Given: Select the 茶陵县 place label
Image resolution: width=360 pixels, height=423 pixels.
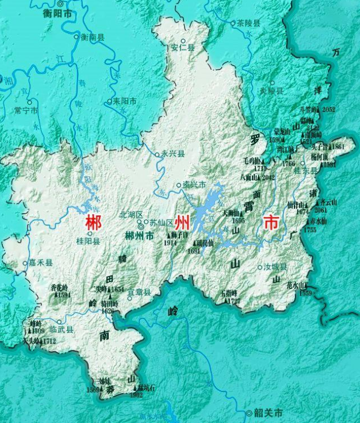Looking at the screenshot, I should (248, 24).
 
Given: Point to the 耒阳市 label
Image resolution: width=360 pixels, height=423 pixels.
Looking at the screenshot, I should (125, 102).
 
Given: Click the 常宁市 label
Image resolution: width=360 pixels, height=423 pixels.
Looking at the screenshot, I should (26, 109).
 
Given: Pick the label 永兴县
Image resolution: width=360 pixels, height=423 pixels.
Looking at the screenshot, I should (173, 153).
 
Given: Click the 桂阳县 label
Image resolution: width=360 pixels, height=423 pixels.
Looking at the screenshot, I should (89, 241).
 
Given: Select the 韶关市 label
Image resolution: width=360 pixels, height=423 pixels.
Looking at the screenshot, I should (269, 413).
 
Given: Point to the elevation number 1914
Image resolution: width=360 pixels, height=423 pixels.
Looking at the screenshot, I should (170, 243).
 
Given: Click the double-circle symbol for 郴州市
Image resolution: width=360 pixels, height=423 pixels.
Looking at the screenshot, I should (141, 226).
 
